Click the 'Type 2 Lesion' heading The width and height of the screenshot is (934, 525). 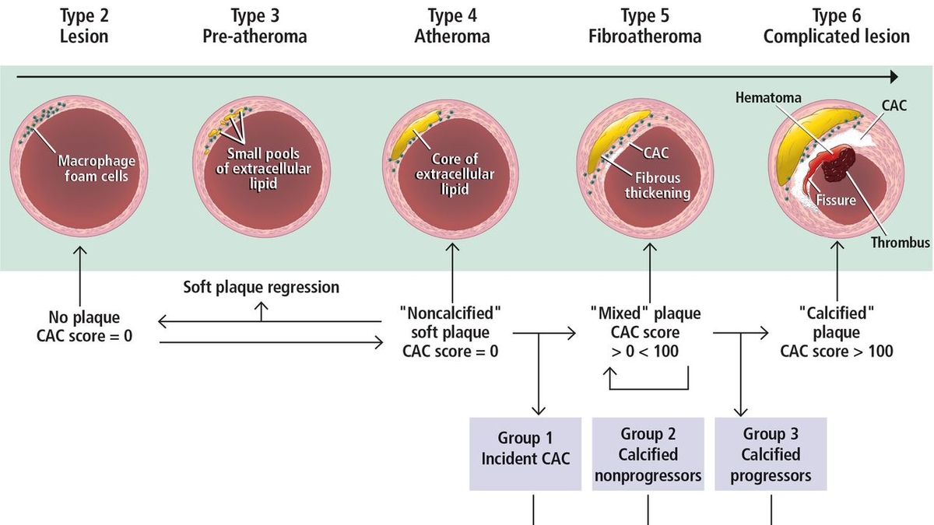click(84, 26)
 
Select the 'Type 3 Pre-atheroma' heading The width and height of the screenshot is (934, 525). click(255, 26)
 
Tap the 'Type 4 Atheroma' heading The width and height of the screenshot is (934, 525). click(451, 26)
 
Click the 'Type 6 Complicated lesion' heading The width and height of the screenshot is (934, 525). click(836, 26)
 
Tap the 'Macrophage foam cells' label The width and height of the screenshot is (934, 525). click(97, 168)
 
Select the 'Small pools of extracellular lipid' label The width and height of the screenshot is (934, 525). click(263, 169)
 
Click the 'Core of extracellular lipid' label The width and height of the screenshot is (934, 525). click(455, 174)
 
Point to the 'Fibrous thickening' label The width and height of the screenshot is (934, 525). click(658, 185)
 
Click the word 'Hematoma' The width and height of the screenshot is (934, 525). click(768, 99)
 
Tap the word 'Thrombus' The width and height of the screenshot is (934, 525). click(900, 243)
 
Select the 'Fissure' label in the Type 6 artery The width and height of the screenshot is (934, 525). click(835, 200)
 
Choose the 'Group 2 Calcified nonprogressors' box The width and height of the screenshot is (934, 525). click(648, 454)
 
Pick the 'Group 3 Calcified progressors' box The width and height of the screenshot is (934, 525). click(771, 454)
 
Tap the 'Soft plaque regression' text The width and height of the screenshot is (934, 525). click(262, 287)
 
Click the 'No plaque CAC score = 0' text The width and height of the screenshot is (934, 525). click(84, 327)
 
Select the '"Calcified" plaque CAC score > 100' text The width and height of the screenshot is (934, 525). click(837, 332)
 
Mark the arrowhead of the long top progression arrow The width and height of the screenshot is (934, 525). click(893, 76)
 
